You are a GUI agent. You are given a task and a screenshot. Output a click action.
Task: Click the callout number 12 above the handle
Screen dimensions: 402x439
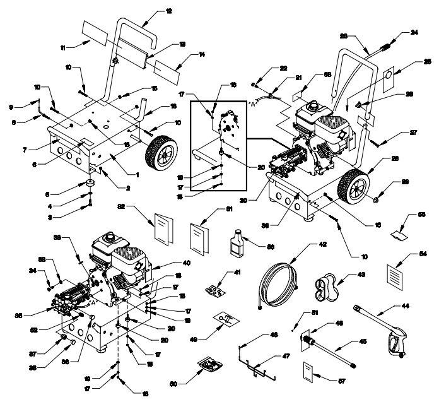[x=150, y=11]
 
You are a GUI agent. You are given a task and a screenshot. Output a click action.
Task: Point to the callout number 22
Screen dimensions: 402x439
[x=283, y=68]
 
